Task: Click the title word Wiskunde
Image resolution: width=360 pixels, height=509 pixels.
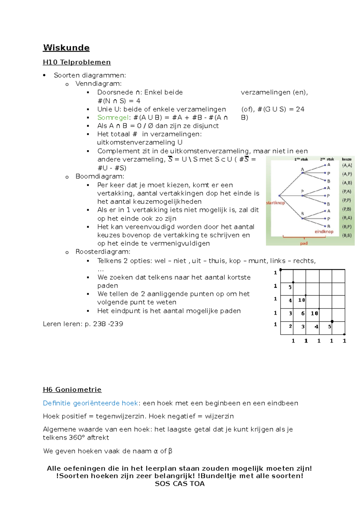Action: pos(66,48)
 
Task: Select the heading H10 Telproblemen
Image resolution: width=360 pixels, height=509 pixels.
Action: pos(77,62)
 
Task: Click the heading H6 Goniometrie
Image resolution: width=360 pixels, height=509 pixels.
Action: pos(72,390)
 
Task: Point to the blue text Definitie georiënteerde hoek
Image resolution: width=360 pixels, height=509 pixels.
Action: pos(90,403)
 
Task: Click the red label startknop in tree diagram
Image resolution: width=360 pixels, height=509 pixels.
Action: pos(275,203)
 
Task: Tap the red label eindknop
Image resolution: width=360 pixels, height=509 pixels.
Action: pos(324,231)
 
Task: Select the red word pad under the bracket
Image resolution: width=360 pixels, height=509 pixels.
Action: pos(304,243)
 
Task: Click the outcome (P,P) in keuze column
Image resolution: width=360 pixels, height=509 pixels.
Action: pos(347,200)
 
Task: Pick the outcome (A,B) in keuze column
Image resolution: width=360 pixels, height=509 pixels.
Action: pos(347,182)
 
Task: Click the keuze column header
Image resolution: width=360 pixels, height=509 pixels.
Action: pos(346,159)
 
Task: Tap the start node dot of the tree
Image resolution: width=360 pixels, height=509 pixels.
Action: pos(279,196)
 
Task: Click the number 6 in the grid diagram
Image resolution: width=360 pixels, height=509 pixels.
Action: pos(303,313)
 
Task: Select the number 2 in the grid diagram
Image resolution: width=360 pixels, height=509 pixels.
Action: pos(290,326)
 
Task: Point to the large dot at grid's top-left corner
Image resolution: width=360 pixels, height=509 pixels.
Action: pos(280,270)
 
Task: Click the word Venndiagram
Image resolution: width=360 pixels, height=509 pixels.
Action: pos(98,84)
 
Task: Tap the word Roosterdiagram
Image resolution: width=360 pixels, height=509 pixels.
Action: pos(103,251)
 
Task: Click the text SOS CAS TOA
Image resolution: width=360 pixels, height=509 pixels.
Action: pos(179,483)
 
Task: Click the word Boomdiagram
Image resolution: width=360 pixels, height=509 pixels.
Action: pos(100,176)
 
